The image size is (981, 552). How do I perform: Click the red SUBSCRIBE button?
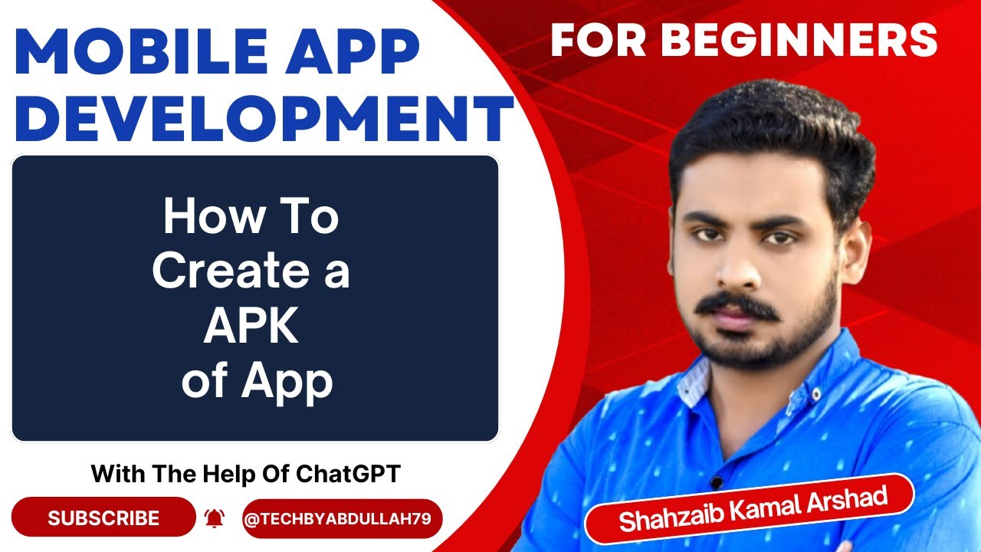click(103, 518)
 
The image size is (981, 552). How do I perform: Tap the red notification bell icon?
click(214, 519)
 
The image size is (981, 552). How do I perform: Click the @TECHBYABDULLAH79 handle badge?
click(342, 519)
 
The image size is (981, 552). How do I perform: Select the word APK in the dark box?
click(251, 327)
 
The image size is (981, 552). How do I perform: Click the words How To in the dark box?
click(251, 217)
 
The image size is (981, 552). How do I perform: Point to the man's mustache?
click(739, 304)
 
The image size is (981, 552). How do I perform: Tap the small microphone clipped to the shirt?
click(716, 481)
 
